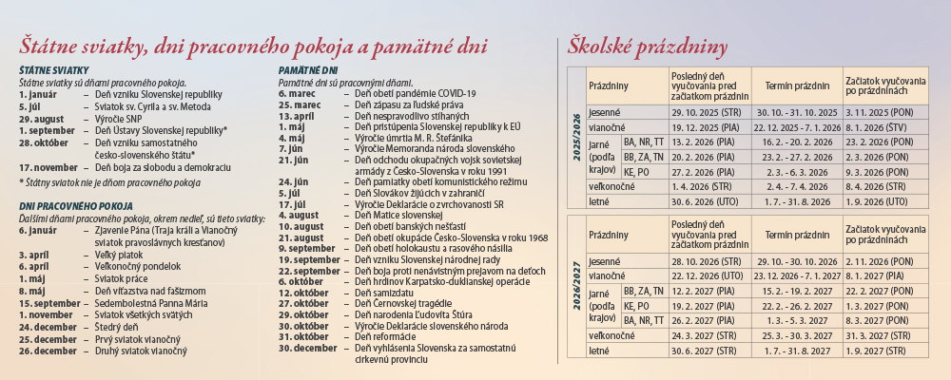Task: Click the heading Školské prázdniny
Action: coord(648,47)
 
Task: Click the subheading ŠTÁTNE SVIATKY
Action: coord(54,71)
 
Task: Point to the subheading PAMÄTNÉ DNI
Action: coord(308,71)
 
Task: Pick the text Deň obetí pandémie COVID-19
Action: coord(415,93)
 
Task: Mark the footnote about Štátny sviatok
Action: coord(110,180)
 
